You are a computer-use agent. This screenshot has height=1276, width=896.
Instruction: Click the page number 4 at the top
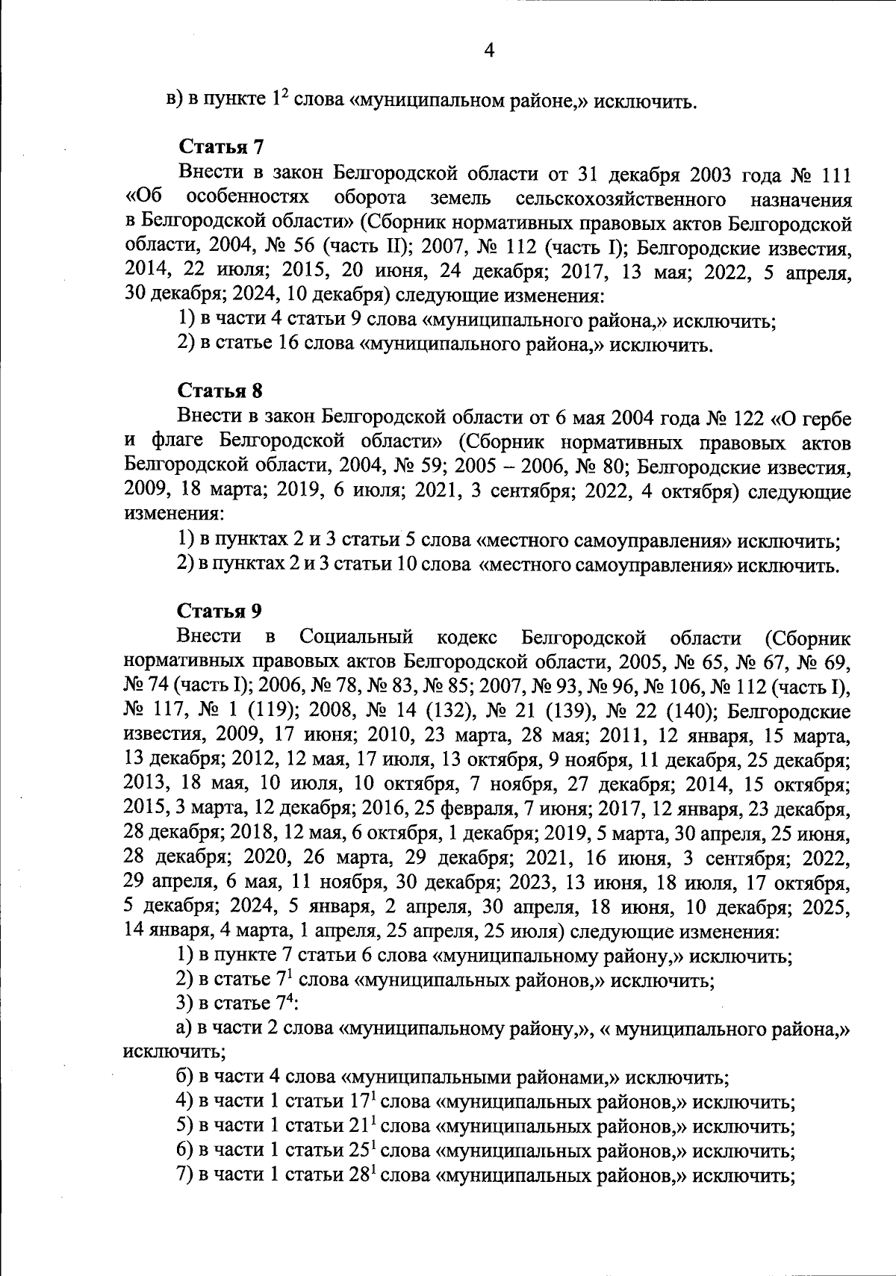pyautogui.click(x=490, y=50)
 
